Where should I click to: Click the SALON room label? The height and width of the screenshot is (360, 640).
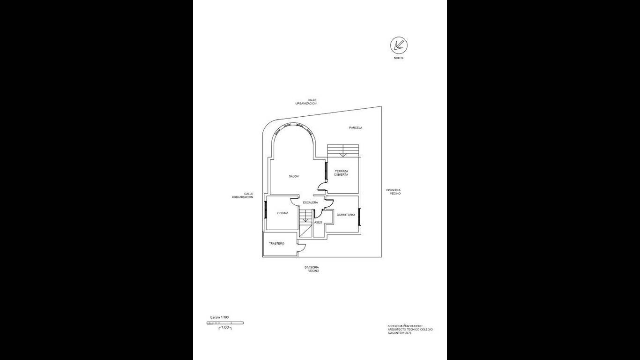293,176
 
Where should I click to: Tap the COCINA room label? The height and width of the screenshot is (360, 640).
283,213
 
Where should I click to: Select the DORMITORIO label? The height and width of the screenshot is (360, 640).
346,215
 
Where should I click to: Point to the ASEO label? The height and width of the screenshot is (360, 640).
318,222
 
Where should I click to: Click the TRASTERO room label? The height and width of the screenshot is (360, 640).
276,244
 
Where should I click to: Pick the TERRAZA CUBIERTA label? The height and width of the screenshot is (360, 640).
342,172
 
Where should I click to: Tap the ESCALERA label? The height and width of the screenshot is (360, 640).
310,202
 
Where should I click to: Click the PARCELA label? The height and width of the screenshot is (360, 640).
356,128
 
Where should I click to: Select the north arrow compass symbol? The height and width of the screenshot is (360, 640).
399,45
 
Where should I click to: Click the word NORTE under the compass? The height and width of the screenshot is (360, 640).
399,58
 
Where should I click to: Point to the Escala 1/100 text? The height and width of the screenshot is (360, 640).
219,317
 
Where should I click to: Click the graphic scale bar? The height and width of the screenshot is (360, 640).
225,323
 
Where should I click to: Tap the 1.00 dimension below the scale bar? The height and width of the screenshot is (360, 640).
225,327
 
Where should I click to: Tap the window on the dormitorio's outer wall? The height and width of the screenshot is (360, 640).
360,217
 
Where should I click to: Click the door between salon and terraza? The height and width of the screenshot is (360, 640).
323,186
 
